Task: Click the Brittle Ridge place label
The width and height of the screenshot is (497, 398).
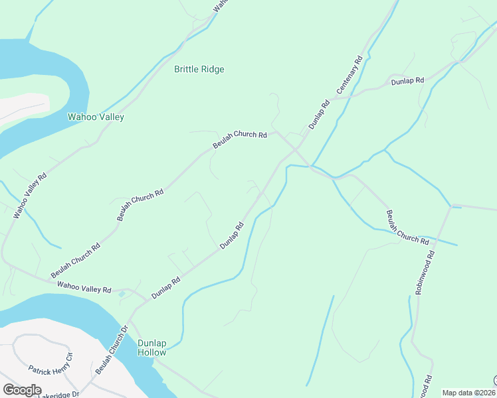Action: pos(199,69)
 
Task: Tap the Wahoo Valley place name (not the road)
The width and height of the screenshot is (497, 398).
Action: pos(96,117)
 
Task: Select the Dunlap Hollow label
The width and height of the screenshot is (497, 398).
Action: pos(152,348)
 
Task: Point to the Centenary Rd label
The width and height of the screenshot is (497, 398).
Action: pos(349,74)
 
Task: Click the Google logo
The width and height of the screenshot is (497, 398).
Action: pos(22,389)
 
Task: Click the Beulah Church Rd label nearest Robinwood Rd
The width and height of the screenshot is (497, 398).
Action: pos(407,228)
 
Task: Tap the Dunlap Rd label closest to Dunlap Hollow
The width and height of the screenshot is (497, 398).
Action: pos(166,288)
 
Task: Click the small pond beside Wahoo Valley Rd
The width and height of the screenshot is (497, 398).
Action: pos(122,293)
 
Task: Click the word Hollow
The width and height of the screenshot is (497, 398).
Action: pos(152,352)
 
